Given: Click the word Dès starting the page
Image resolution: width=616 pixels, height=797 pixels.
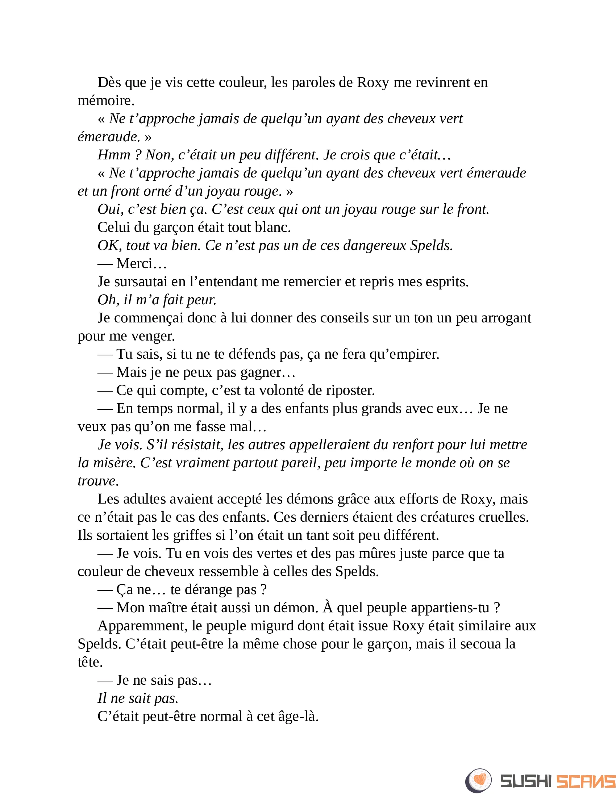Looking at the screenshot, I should click(x=109, y=83).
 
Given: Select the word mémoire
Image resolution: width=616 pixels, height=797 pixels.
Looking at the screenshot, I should click(x=106, y=100).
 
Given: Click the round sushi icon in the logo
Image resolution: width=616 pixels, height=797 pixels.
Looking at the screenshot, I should click(x=478, y=780).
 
